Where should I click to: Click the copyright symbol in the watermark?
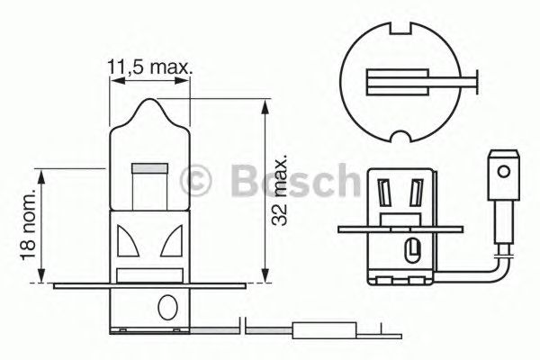click(197, 181)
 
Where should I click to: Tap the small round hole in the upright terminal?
click(503, 168)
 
